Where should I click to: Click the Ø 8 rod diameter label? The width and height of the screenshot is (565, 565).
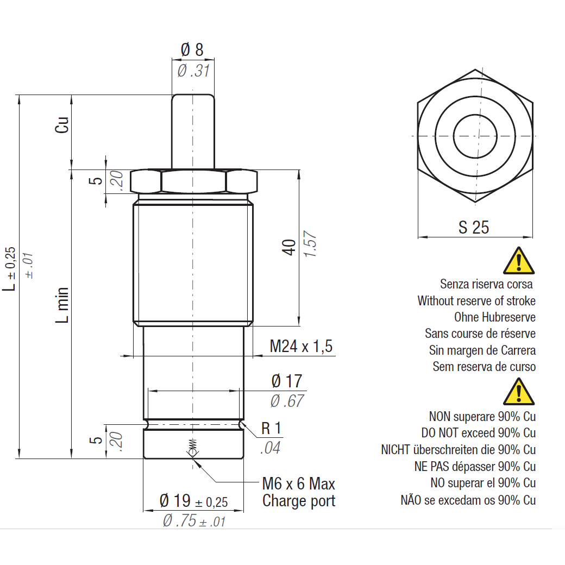point(192,50)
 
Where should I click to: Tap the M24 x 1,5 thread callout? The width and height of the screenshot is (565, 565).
point(300,346)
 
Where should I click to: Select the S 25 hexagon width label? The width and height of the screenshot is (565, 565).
point(473,227)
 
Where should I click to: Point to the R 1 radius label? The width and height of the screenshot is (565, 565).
point(271,429)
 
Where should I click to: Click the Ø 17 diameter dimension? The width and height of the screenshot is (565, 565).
point(286,381)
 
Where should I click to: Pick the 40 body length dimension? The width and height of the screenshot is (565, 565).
point(290,247)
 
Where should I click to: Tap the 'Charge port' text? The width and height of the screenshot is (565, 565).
point(298,501)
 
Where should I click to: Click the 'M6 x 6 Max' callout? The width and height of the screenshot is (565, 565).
point(298,484)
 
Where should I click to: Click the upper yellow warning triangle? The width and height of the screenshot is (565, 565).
point(519,261)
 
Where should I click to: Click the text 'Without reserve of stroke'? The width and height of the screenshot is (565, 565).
point(476,300)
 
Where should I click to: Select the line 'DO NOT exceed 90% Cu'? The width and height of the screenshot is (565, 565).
point(478,433)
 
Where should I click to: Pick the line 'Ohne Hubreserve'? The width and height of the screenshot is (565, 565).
point(494,317)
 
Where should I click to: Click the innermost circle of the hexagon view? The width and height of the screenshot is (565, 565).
point(475,135)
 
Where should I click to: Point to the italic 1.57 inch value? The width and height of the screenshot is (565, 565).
point(310,247)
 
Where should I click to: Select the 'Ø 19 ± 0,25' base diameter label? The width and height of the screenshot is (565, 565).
point(193,501)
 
